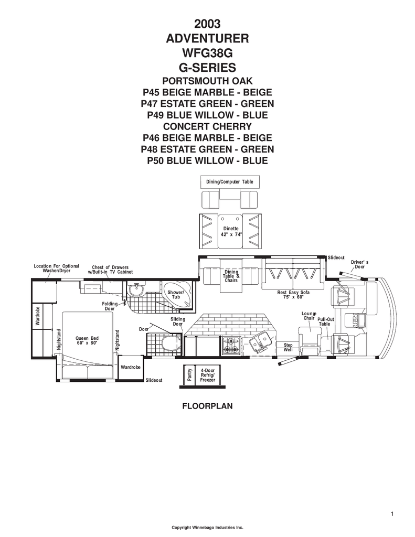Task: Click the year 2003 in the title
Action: pos(207,24)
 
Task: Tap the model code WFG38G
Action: pos(207,53)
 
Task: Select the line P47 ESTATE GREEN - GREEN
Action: pos(207,104)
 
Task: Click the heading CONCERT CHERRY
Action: pos(207,126)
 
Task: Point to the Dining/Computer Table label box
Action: pos(230,182)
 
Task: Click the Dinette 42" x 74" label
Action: pos(231,231)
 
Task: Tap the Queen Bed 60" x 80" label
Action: pos(87,340)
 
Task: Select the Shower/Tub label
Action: pos(176,295)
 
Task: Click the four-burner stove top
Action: pos(231,345)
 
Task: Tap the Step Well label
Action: pos(288,347)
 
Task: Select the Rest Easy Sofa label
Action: pos(293,295)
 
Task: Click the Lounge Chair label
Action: pos(309,316)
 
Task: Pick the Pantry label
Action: pos(189,374)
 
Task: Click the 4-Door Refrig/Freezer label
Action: pos(208,375)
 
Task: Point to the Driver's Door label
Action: pos(359,264)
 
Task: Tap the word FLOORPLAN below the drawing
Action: pos(207,406)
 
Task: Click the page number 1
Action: pos(392,513)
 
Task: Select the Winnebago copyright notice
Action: pos(207,528)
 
